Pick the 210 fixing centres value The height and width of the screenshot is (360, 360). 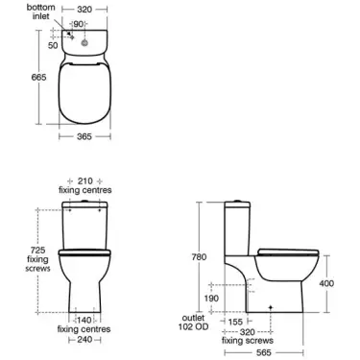coord(86,180)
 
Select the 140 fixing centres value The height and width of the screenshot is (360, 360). coord(86,319)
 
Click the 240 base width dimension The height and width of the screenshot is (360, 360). coord(86,340)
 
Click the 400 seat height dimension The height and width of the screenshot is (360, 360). coord(327,283)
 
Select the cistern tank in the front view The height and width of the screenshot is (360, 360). coord(86,222)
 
